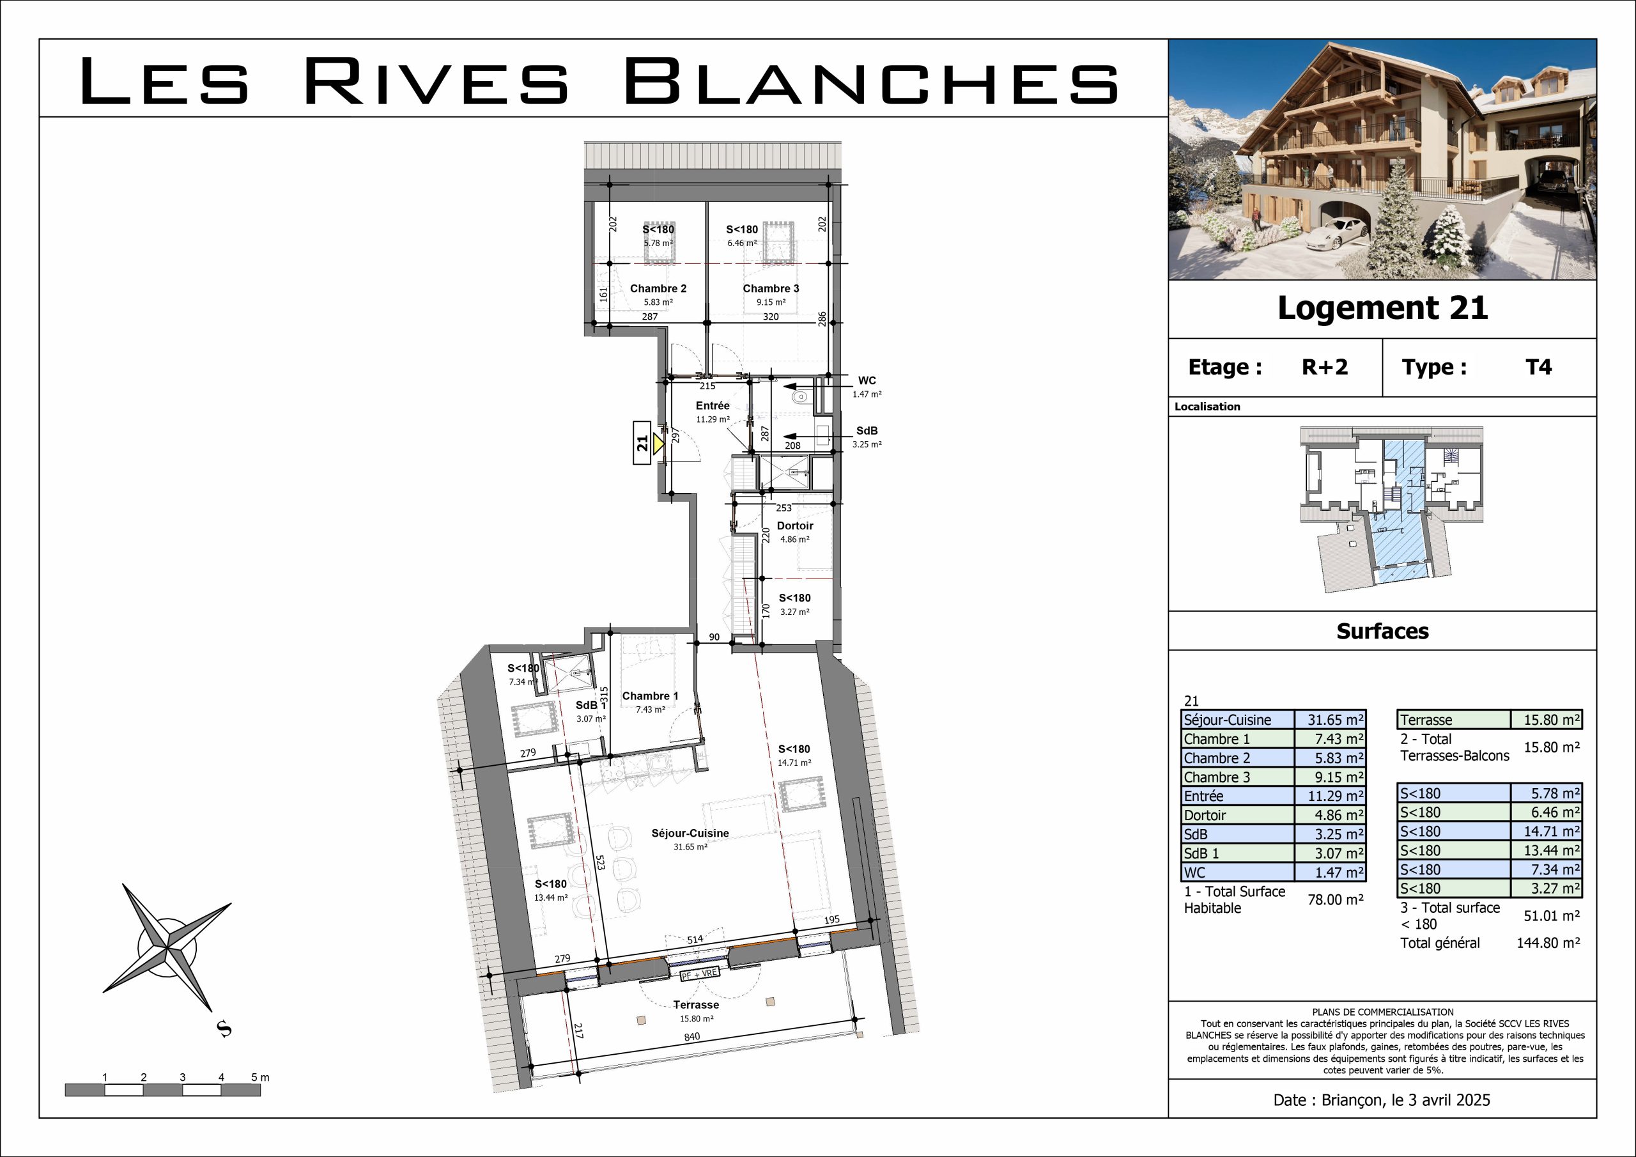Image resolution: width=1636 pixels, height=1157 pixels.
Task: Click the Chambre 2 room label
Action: click(x=658, y=289)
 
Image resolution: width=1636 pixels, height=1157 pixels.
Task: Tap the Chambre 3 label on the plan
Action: click(x=771, y=289)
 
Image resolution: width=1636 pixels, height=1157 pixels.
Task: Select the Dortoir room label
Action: click(x=795, y=526)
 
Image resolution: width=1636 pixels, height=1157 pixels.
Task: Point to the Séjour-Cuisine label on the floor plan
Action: click(x=690, y=833)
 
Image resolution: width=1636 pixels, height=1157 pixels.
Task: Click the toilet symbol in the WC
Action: click(x=800, y=396)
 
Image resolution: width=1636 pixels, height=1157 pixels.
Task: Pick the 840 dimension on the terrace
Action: click(x=692, y=1037)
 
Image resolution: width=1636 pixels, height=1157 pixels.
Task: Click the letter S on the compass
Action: click(x=224, y=1029)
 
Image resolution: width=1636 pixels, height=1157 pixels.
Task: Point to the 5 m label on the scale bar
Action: click(x=260, y=1077)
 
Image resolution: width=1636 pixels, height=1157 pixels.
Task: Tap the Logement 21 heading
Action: click(x=1382, y=308)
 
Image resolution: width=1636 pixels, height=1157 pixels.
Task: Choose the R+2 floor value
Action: click(x=1325, y=367)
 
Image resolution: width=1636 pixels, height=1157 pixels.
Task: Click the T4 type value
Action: click(x=1538, y=367)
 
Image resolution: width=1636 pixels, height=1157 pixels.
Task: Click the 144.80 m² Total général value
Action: click(x=1548, y=943)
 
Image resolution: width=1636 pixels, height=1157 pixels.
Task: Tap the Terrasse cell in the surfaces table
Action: click(x=1426, y=720)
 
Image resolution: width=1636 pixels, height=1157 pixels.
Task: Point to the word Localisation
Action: click(x=1207, y=407)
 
